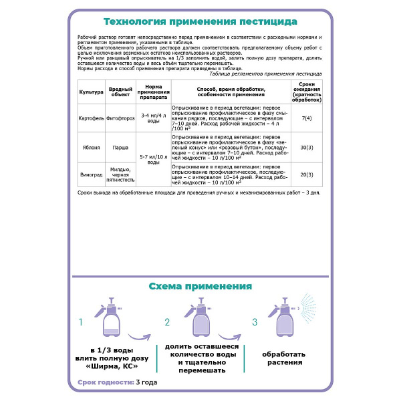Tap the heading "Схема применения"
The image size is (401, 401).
[x=200, y=286]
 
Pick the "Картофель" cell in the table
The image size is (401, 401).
[x=90, y=118]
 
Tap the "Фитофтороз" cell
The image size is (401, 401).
[x=120, y=118]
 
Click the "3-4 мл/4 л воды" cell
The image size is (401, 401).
[x=153, y=118]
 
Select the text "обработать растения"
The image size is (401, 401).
[x=284, y=358]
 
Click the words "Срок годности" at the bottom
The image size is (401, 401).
[x=101, y=382]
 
